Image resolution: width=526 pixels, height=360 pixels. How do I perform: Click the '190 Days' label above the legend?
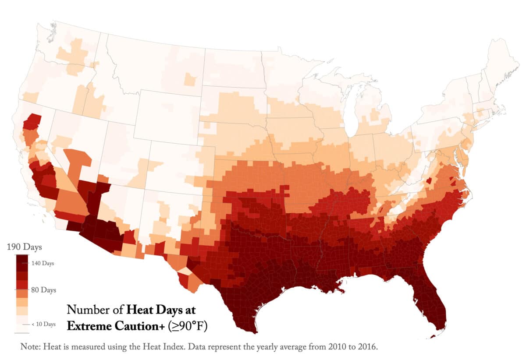pos(24,247)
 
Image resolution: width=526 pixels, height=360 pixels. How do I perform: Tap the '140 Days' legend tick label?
pos(43,264)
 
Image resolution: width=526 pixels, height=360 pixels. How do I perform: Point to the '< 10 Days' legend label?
pos(43,324)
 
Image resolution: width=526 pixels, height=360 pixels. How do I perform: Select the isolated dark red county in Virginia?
pos(429,181)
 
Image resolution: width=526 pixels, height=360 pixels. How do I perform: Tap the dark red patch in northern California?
pos(32,121)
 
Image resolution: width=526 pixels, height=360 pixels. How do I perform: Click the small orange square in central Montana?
pos(190,80)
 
